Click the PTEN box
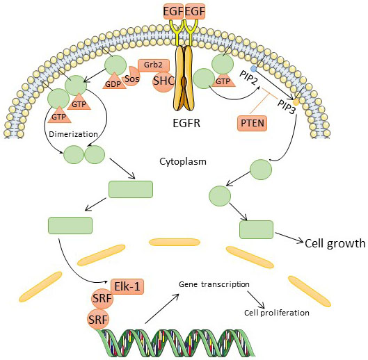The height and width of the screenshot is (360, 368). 253,123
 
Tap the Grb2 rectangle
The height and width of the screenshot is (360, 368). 154,65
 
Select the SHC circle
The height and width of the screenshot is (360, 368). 163,81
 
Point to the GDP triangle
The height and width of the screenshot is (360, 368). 114,81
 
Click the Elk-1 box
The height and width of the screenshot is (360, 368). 127,286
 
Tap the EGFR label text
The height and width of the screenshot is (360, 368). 186,124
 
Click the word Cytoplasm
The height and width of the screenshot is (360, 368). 183,162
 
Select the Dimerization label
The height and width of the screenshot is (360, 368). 73,134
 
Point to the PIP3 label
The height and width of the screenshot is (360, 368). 286,107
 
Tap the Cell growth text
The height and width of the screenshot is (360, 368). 335,244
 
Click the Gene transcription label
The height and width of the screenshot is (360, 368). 214,284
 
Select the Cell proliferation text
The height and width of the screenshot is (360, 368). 277,313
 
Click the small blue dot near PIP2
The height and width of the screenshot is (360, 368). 253,69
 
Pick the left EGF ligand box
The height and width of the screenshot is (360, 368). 173,12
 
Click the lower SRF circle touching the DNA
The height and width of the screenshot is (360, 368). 98,319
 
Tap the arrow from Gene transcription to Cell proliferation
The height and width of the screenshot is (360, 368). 255,300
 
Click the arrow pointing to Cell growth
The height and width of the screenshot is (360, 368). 289,238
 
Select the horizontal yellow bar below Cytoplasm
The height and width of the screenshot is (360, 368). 175,242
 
